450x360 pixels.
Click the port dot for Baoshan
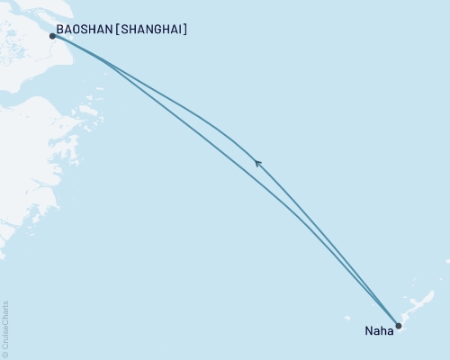pyautogui.click(x=52, y=36)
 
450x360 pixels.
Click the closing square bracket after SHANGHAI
pyautogui.click(x=185, y=30)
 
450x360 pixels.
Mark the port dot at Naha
pyautogui.click(x=399, y=327)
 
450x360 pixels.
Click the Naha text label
pyautogui.click(x=378, y=331)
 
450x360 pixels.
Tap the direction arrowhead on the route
pyautogui.click(x=258, y=163)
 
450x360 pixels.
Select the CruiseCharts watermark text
pyautogui.click(x=5, y=324)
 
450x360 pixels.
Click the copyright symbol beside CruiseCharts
pyautogui.click(x=5, y=355)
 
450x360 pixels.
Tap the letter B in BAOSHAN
pyautogui.click(x=59, y=30)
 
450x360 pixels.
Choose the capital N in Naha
pyautogui.click(x=368, y=331)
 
